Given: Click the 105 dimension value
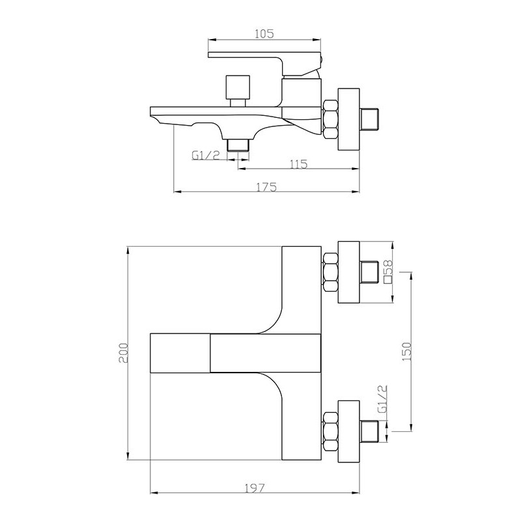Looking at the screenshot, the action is (x=264, y=34).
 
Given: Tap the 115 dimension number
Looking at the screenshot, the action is (x=299, y=164).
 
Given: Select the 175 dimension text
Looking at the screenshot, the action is (x=266, y=188).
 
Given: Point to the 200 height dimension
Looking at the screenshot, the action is (x=123, y=353).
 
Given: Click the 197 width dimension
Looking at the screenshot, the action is (x=255, y=488).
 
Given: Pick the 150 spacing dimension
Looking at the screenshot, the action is (x=406, y=352).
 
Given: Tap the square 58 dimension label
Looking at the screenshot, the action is (x=388, y=272).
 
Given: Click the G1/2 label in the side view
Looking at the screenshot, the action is (x=206, y=155).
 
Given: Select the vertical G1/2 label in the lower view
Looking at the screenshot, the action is (x=383, y=399).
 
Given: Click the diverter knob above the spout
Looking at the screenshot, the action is (x=238, y=91).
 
